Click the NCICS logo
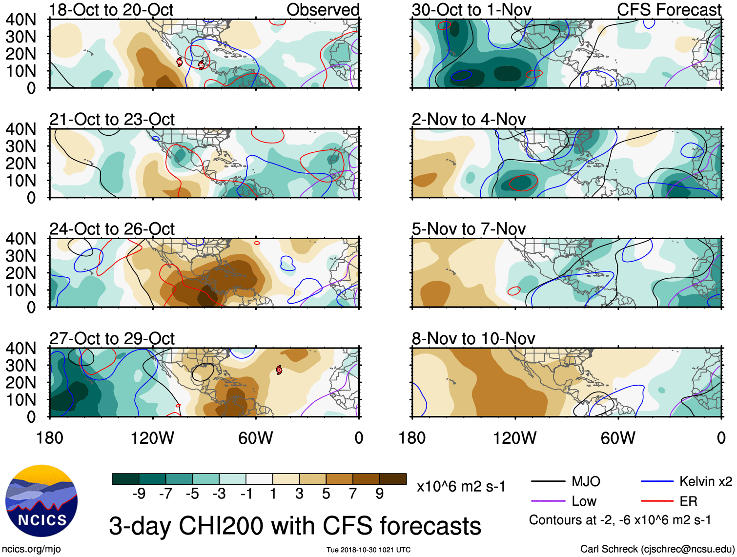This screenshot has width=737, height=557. [41, 501]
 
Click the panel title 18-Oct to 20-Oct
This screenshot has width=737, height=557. [111, 10]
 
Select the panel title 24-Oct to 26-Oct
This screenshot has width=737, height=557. [112, 229]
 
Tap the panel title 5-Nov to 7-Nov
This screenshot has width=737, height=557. [469, 229]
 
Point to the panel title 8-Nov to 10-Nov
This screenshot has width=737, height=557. [473, 338]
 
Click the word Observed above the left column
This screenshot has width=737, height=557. [323, 10]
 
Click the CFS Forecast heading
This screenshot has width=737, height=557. [669, 10]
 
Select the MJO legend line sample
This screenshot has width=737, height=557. [548, 482]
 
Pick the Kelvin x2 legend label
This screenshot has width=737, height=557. [705, 482]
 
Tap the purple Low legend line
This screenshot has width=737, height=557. [548, 501]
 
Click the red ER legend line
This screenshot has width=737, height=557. [657, 501]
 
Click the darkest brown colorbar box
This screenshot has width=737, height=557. [393, 479]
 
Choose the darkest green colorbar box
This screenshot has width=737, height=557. [125, 479]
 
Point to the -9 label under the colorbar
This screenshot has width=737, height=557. [139, 494]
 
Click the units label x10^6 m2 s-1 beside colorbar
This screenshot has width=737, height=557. [461, 487]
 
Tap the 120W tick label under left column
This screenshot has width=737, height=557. [152, 438]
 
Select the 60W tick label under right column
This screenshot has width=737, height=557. [618, 438]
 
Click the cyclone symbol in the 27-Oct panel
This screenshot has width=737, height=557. [279, 370]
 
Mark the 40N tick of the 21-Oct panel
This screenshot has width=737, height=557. [20, 129]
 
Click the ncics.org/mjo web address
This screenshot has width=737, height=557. [31, 549]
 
